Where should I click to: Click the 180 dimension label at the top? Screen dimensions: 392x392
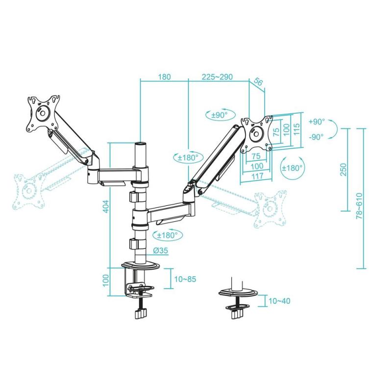coord(164,77)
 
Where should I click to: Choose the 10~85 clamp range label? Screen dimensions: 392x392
coord(185,279)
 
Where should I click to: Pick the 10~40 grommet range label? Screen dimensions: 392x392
coord(279,300)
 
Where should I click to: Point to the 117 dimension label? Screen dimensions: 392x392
coord(254,175)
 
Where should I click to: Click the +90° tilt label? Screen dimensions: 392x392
coord(317,122)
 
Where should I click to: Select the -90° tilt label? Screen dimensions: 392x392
coord(317,137)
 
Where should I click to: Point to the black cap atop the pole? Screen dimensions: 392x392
coord(141,145)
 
